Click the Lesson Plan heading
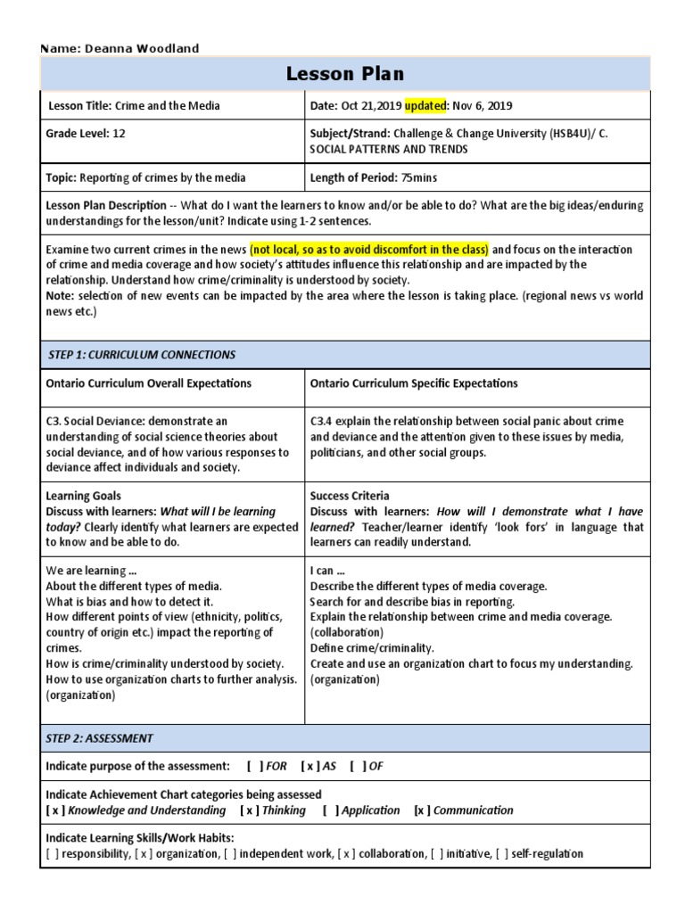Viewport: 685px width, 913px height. [344, 74]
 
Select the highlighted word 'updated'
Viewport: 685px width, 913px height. [425, 106]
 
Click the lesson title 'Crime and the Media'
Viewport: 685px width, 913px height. [167, 106]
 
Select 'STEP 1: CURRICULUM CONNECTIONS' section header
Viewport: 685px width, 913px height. [141, 355]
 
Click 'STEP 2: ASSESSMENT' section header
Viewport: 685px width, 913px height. [99, 738]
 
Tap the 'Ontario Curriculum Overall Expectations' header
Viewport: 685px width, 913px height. [148, 383]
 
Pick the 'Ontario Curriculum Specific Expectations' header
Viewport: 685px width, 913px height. [414, 383]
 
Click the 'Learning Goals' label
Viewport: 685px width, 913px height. [83, 496]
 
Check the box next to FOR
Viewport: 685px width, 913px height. [255, 766]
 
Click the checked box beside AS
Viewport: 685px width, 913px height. [310, 766]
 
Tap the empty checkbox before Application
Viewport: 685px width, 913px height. [331, 810]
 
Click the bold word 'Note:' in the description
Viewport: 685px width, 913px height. [61, 296]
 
